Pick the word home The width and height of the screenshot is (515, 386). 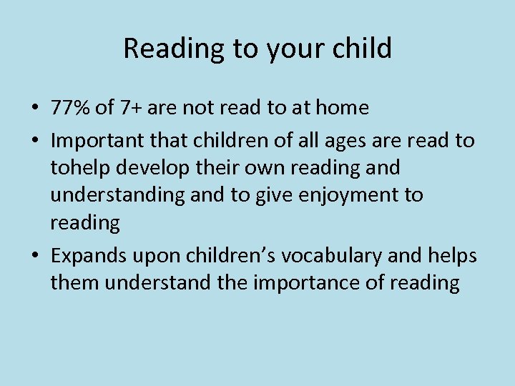pos(341,108)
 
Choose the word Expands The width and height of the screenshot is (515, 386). pos(85,255)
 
